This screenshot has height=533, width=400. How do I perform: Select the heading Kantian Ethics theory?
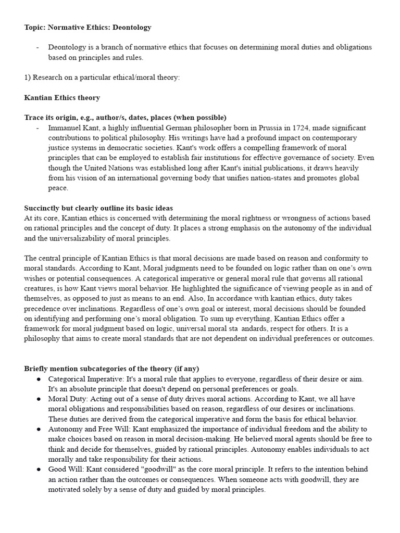point(62,97)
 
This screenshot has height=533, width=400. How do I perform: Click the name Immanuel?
point(65,128)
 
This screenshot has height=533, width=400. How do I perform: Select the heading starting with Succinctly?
point(98,208)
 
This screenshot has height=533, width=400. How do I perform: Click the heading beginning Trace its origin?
point(125,118)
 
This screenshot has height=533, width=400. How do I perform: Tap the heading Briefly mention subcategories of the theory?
point(111,369)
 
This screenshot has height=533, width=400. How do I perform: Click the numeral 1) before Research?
point(28,78)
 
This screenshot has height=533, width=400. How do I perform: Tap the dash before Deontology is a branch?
point(38,47)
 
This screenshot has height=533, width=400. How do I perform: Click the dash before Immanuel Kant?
point(38,128)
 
